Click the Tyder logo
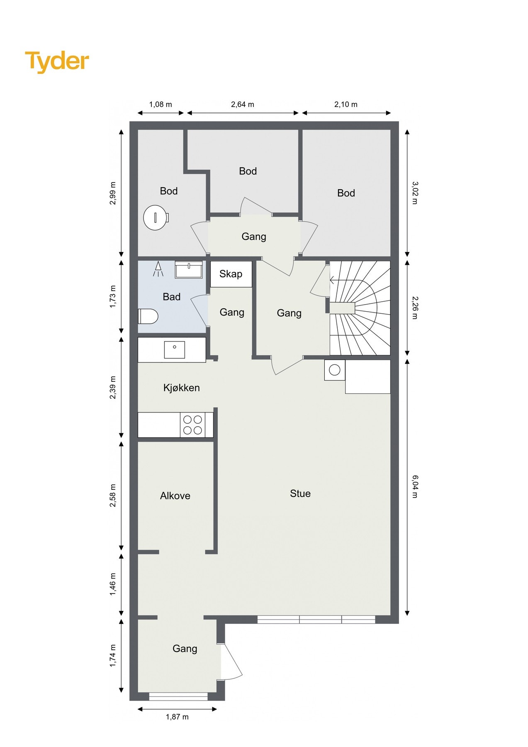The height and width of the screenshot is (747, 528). point(57,61)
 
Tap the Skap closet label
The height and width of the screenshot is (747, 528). point(231,274)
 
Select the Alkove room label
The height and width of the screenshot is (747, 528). point(175,496)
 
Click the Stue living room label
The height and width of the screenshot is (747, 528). point(300,493)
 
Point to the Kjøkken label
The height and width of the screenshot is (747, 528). point(182,388)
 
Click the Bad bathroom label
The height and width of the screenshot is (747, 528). point(171,297)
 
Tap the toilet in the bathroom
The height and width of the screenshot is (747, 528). point(148,316)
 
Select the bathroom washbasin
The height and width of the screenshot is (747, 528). point(189,269)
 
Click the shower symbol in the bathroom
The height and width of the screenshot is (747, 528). point(158,269)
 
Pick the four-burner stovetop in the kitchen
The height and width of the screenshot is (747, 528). point(193,425)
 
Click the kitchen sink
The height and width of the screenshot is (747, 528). point(174,350)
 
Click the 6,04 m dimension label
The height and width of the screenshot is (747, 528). point(415,486)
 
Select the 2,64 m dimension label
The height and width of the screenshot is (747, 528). point(243,105)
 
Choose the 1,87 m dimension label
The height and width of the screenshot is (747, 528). point(177,717)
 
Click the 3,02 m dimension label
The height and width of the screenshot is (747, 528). point(415,193)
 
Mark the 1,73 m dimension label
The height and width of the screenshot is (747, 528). point(113,297)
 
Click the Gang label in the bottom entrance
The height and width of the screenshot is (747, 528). point(185,649)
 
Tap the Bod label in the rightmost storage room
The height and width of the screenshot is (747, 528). point(346,193)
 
